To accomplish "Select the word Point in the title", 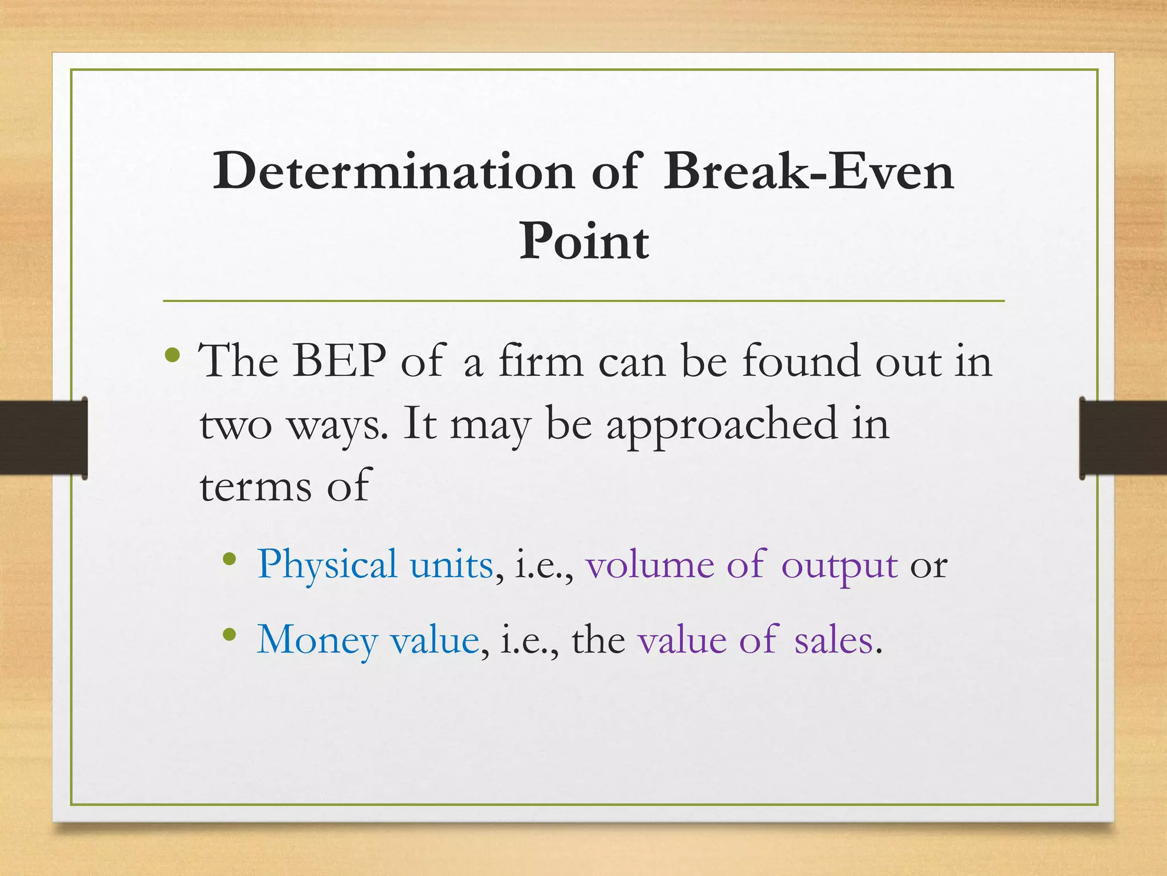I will click(x=583, y=241).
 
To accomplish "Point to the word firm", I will click(x=541, y=361).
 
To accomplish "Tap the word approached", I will click(x=721, y=425).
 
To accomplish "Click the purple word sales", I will click(x=834, y=640).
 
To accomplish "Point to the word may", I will click(x=490, y=425).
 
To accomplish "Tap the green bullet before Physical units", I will click(x=230, y=559).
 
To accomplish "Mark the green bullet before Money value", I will click(x=230, y=634).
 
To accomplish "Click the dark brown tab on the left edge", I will click(x=43, y=437).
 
